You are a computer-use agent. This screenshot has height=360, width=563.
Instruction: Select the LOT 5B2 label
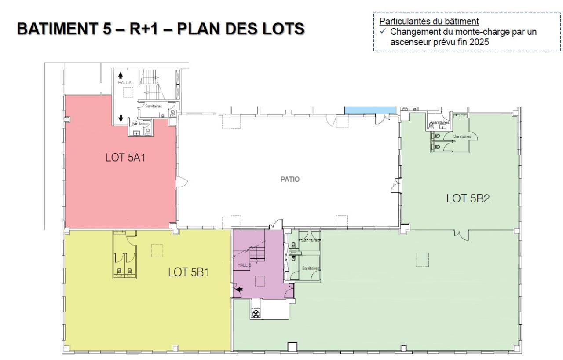tap(468, 198)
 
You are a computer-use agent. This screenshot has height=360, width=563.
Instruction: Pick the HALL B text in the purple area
tap(244, 265)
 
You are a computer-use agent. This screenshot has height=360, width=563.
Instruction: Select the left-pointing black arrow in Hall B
tap(239, 290)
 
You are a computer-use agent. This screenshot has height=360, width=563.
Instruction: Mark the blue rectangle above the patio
tap(369, 109)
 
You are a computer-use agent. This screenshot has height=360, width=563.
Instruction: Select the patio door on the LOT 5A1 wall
tap(183, 182)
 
